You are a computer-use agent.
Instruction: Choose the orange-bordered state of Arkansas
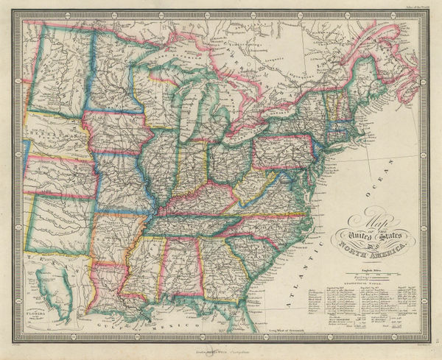pos(114,236)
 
